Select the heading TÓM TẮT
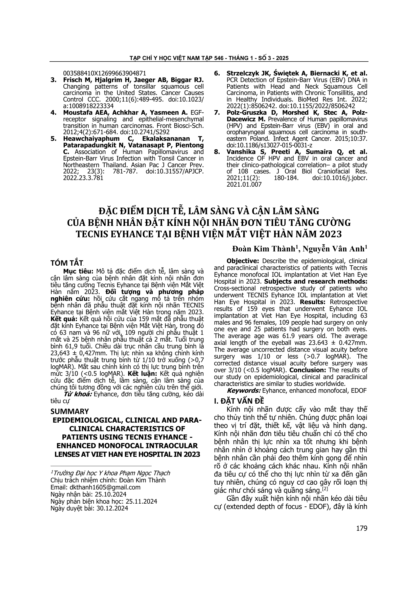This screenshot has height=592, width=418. pyautogui.click(x=67, y=263)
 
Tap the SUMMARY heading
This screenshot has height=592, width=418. pyautogui.click(x=70, y=411)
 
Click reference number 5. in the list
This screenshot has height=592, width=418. pyautogui.click(x=54, y=139)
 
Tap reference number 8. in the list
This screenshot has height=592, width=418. pyautogui.click(x=217, y=152)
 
